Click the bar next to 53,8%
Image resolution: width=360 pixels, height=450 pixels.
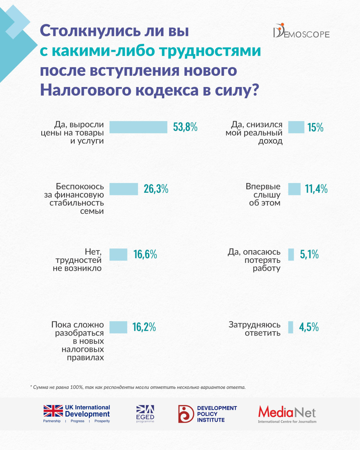pos(138,127)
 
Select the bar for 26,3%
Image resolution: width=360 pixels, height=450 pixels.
pos(123,189)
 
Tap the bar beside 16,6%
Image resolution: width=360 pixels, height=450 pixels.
pos(118,255)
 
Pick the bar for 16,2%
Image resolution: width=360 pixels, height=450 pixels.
pos(118,327)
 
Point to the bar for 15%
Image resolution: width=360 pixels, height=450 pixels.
pos(296,127)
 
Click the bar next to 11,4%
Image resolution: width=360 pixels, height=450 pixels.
pos(294,189)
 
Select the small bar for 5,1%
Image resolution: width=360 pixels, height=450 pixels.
pos(291,255)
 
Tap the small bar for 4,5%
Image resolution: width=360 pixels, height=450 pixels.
pos(290,327)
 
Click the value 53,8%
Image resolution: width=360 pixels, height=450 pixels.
pos(185,127)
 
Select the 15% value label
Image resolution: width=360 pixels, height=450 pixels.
pos(315,127)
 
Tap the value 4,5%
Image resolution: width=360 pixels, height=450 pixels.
pos(309,327)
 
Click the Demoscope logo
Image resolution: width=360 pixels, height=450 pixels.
pos(301,33)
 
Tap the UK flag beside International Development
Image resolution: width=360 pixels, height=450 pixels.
pos(53,411)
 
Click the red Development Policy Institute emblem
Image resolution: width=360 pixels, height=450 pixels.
pos(186,414)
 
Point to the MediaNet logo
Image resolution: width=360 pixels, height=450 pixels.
pos(287,414)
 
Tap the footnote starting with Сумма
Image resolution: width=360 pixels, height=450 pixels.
pos(138,387)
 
